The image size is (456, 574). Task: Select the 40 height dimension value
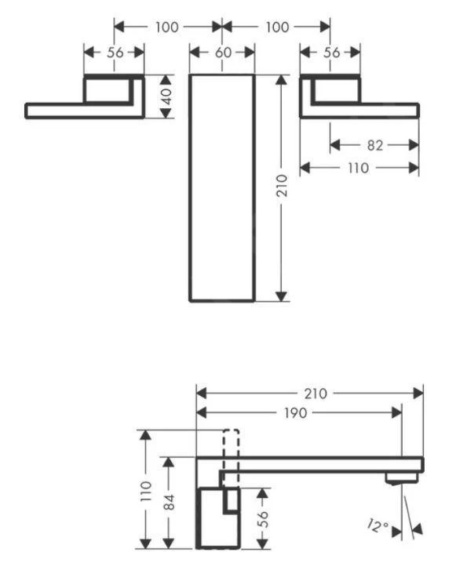166,96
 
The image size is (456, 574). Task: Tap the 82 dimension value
374,144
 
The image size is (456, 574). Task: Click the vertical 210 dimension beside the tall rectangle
283,186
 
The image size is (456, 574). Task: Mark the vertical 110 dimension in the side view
144,491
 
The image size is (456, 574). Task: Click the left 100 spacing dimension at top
166,27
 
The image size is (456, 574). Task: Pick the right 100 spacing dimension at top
275,27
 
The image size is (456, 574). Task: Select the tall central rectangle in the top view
222,188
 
